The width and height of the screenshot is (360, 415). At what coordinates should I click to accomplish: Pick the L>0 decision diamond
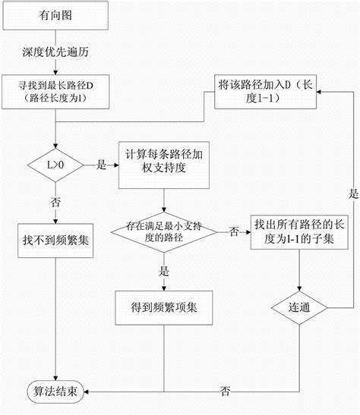[x=46, y=162]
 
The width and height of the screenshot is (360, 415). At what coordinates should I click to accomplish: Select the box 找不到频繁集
[x=46, y=238]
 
